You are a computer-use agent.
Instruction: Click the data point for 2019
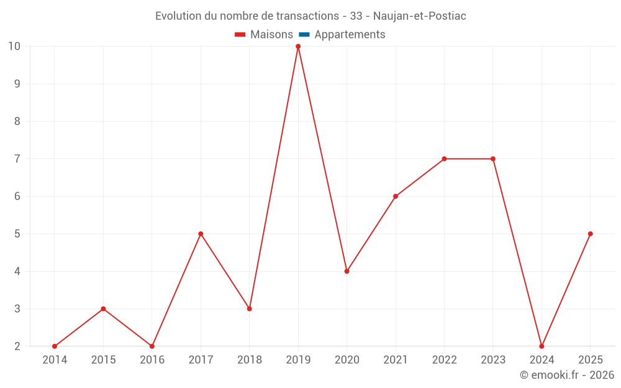298,47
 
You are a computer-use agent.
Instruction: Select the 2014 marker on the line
55,346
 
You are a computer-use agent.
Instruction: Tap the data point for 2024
542,346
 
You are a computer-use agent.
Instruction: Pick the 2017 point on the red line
201,234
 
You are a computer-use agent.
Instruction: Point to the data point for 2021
396,196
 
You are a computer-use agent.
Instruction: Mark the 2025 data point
590,234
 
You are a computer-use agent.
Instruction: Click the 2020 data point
347,271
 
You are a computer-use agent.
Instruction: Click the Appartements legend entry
350,35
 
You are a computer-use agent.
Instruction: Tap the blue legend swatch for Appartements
304,35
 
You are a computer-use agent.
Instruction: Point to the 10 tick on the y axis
14,47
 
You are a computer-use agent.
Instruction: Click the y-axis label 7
17,159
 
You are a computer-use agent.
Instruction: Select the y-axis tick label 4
17,271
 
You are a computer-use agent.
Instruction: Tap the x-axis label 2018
250,360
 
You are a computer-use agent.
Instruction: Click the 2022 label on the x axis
444,360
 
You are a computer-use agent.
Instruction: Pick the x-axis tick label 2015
103,360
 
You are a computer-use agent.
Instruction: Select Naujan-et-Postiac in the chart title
420,16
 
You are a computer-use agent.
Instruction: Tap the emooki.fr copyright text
567,375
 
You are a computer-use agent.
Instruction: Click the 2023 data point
493,159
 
